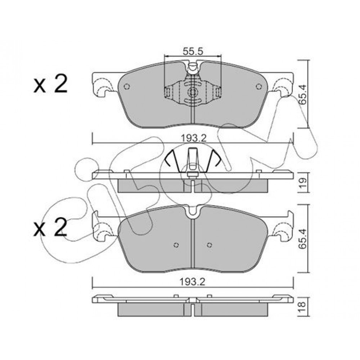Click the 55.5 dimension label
[x=193, y=51]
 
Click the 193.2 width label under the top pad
[x=194, y=138]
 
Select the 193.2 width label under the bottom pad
[x=192, y=282]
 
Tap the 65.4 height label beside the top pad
[x=303, y=95]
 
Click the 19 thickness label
[x=303, y=183]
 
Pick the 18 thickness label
[x=303, y=305]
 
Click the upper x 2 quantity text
[x=50, y=84]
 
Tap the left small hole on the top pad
[x=127, y=86]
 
